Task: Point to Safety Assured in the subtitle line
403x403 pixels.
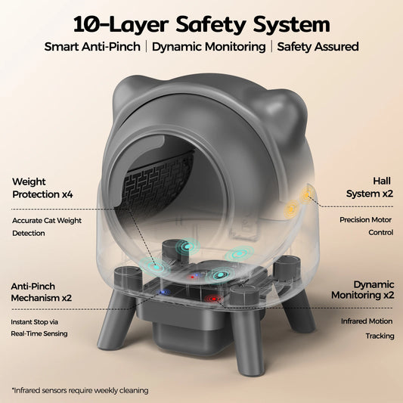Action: point(317,46)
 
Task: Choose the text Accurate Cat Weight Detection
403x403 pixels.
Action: point(49,227)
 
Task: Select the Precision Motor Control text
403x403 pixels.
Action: point(366,227)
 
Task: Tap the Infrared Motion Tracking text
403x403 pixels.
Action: point(366,328)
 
